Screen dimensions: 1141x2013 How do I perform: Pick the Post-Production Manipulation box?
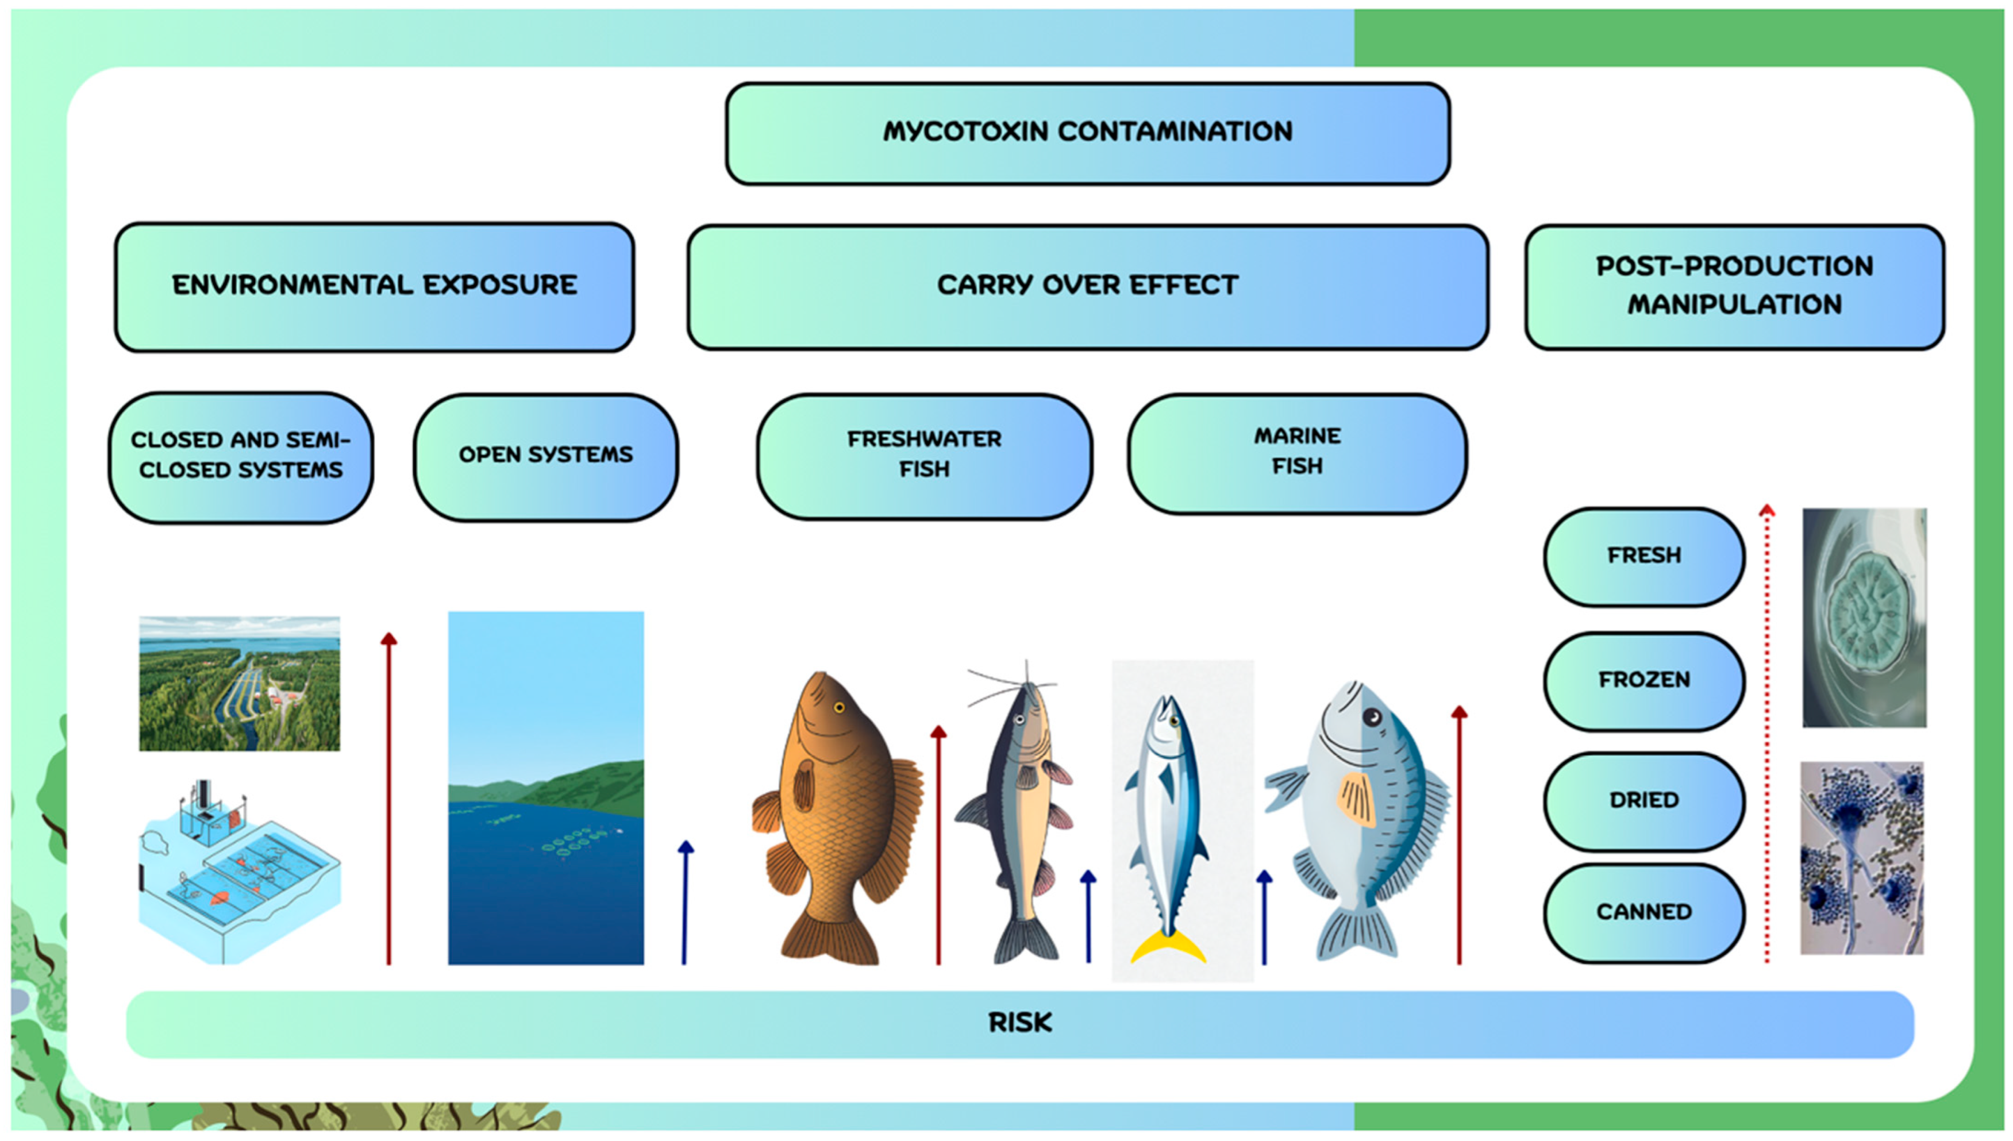(x=1734, y=286)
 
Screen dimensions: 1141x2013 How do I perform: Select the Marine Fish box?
(x=1297, y=453)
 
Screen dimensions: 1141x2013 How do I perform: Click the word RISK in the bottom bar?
(x=1019, y=1023)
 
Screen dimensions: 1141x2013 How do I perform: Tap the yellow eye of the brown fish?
(x=839, y=708)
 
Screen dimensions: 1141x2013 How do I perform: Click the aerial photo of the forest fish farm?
(x=240, y=683)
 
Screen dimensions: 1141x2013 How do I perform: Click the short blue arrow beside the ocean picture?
(x=685, y=901)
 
